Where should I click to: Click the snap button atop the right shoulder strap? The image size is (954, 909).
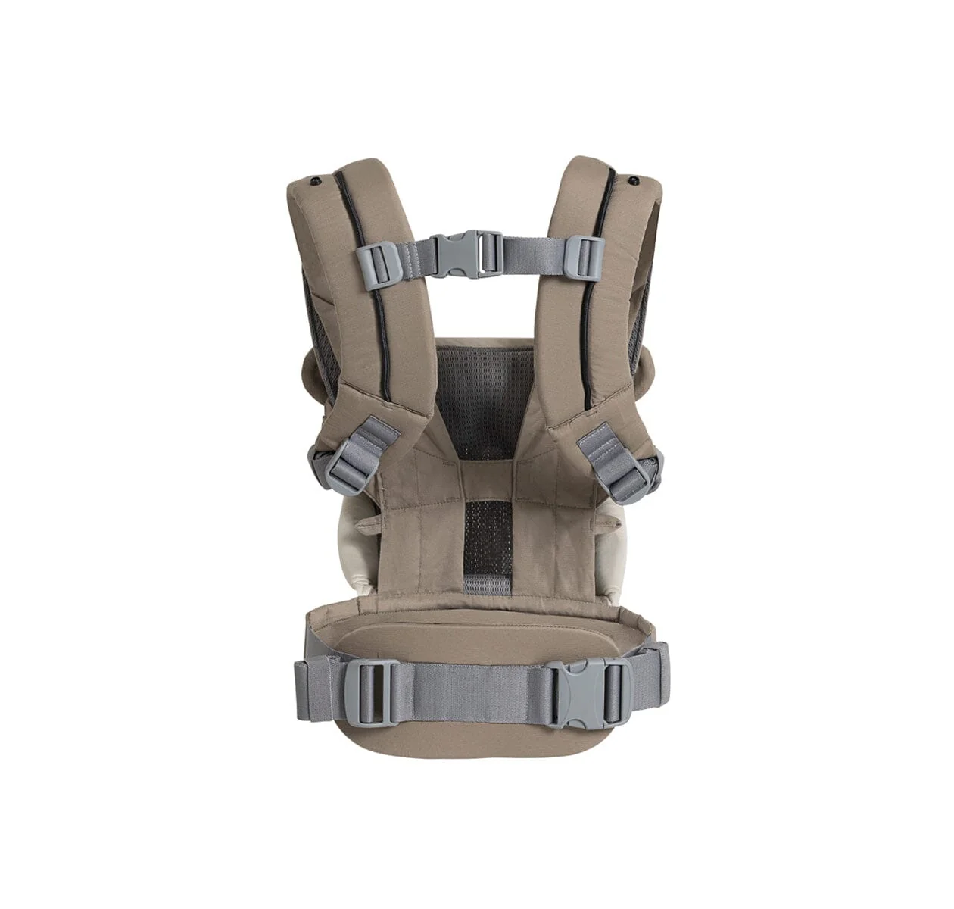pos(632,180)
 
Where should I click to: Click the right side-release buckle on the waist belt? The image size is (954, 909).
pos(587,692)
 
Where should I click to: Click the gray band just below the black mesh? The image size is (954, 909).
pos(486,584)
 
